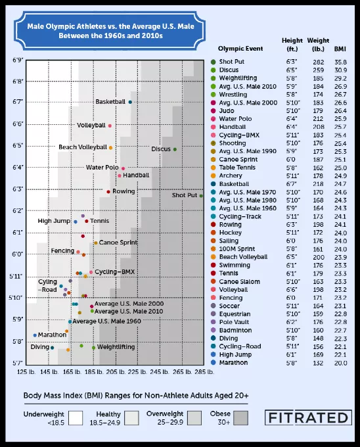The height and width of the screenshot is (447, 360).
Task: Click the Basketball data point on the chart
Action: pos(130,102)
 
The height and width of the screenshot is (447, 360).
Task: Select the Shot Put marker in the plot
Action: pos(201,196)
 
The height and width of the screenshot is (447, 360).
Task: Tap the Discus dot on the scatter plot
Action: pos(175,149)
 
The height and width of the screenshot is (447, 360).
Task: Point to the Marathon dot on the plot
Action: pos(35,335)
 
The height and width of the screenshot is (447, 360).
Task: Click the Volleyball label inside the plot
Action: pos(91,126)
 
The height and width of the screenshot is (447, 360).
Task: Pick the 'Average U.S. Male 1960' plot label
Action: pos(106,321)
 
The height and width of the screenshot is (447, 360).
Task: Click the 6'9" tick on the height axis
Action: pos(17,60)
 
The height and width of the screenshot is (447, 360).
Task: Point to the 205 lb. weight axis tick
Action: pos(116,372)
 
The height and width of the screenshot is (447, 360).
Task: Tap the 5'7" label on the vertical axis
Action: pos(17,363)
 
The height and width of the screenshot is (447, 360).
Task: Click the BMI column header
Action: pos(340,49)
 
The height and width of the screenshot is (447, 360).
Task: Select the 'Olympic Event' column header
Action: pos(240,49)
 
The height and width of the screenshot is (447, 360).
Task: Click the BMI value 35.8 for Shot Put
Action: pos(341,62)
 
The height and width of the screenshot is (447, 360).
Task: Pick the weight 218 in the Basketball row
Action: pos(318,184)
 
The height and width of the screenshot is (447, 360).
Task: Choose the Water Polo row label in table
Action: pos(235,119)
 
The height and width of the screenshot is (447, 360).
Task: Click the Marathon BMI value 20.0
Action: pos(341,363)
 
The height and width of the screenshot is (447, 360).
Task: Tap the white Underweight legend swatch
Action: pos(76,418)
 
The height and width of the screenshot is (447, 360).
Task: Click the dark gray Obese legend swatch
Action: pos(240,418)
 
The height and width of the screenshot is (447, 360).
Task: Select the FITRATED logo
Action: pos(308,417)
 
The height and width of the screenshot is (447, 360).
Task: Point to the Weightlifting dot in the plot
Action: pos(93,348)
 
